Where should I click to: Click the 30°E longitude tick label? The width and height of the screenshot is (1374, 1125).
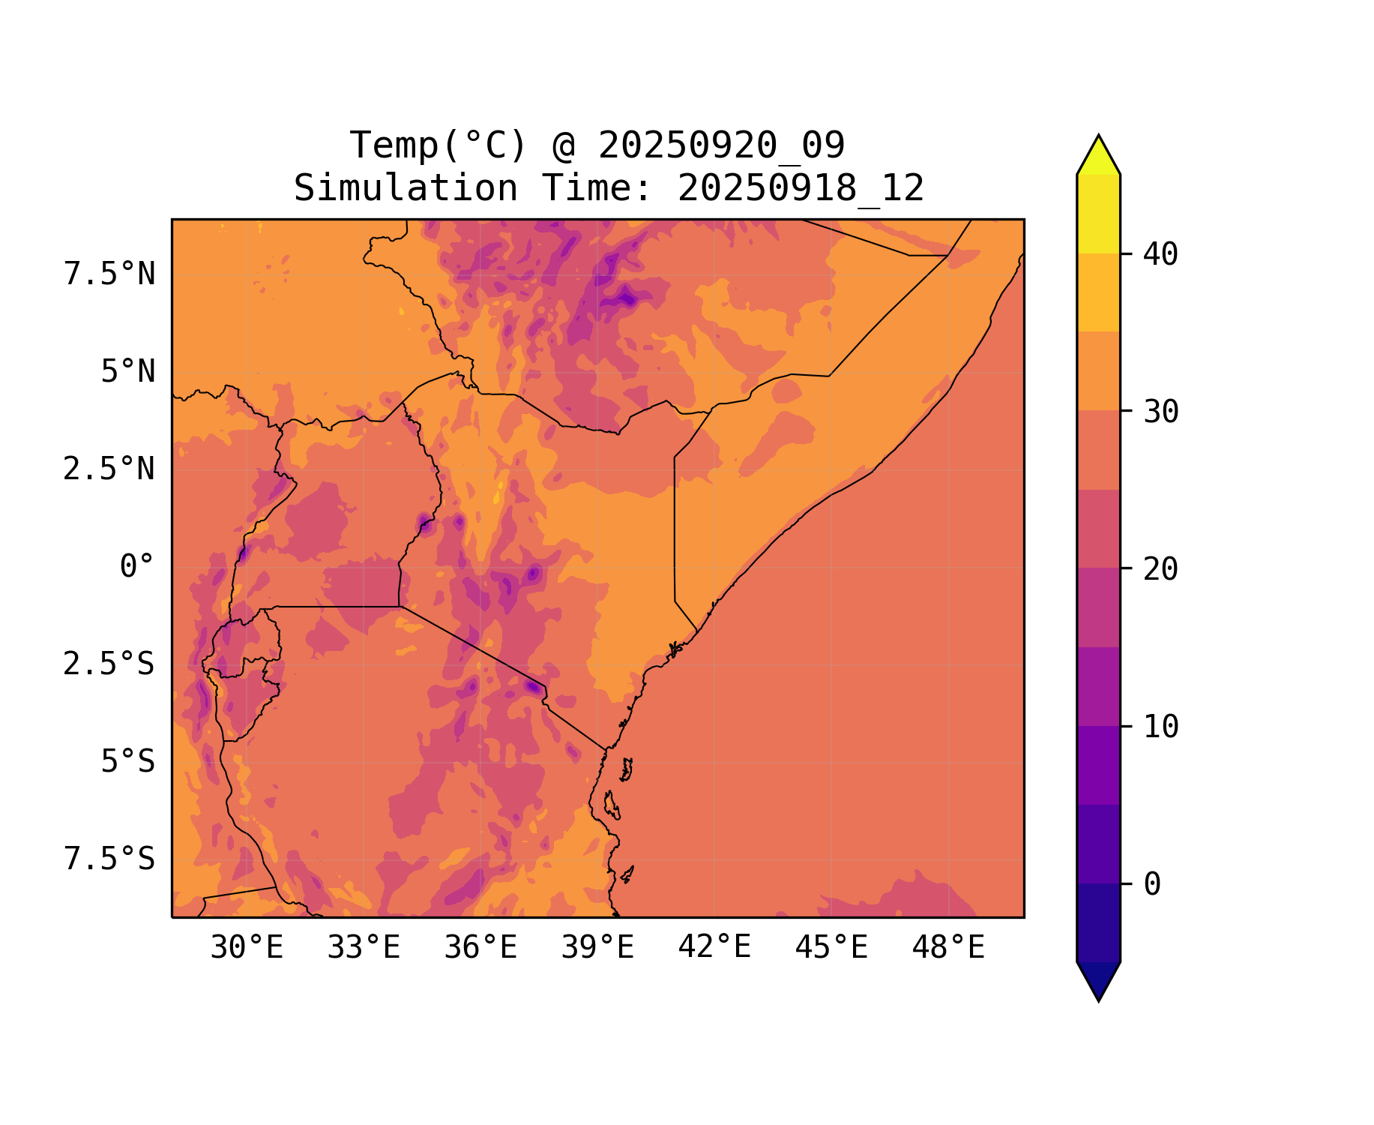(x=247, y=948)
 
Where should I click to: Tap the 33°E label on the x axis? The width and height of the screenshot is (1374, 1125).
(x=364, y=948)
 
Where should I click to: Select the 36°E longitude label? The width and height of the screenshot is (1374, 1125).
(x=480, y=948)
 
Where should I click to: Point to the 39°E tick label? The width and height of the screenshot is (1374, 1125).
(x=597, y=948)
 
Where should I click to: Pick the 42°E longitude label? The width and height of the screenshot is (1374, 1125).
(x=714, y=948)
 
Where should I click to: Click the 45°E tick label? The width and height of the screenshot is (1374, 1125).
(x=831, y=948)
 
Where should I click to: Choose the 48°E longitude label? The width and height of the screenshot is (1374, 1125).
(x=948, y=948)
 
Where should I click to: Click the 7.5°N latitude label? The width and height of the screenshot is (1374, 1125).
(x=109, y=274)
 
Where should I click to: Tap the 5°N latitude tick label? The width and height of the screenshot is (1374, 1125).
(x=128, y=372)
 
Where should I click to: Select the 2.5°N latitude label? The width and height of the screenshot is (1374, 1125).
(x=109, y=469)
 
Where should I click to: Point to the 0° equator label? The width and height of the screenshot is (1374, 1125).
(x=137, y=567)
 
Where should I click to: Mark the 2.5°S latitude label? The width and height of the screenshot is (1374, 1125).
(x=109, y=664)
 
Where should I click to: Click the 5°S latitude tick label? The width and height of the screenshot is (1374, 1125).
(x=128, y=762)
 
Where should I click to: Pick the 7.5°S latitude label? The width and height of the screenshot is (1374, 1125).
(x=109, y=859)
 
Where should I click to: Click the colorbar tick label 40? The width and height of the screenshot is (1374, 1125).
(x=1161, y=254)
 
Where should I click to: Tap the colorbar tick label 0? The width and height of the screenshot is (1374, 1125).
(x=1152, y=884)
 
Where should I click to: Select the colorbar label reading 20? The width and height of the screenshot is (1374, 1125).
(x=1161, y=569)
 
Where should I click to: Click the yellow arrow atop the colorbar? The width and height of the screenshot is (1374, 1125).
(x=1098, y=156)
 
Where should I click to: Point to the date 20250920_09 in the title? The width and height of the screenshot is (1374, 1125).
(x=721, y=145)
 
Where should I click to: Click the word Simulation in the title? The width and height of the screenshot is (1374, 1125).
(x=406, y=188)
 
